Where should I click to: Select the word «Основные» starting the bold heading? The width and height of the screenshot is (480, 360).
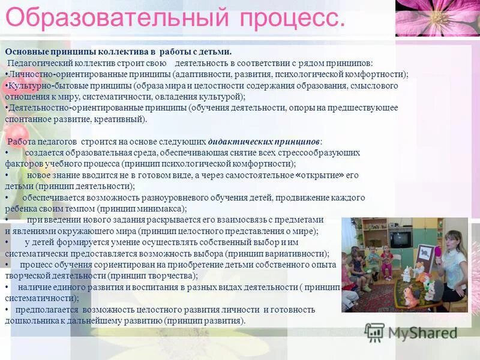(25, 52)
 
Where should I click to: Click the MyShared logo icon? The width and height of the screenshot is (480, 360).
(374, 332)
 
